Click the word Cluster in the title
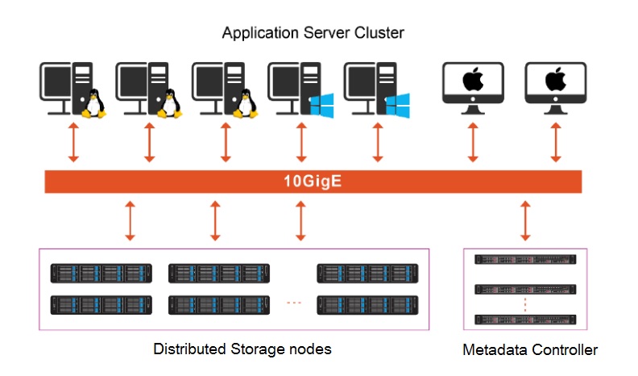[379, 33]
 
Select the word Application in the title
[256, 33]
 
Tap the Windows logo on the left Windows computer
[322, 105]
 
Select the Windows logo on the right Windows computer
[397, 105]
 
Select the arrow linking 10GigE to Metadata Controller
[526, 220]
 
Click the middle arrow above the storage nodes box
[214, 220]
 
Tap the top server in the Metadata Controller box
[524, 260]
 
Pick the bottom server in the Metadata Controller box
[524, 319]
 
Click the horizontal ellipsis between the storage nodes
[294, 303]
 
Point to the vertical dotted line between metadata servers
[524, 304]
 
